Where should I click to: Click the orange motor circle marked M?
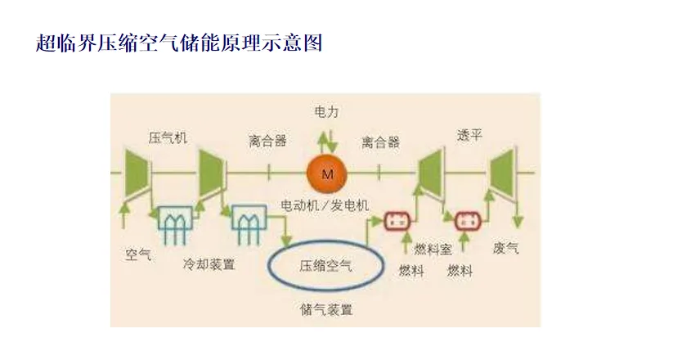point(327,173)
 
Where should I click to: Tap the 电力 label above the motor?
point(327,110)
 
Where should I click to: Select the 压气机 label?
point(168,137)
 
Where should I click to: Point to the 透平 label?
point(469,136)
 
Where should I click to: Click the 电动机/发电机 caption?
point(325,203)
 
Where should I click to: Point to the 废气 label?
point(506,246)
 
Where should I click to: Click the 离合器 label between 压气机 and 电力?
point(267,141)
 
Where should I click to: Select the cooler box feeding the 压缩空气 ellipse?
point(247,219)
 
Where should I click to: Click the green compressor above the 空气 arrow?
point(137,173)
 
